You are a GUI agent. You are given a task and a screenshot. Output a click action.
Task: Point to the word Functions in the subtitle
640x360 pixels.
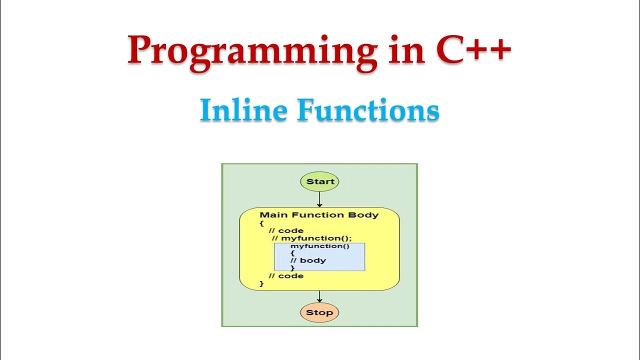(x=368, y=110)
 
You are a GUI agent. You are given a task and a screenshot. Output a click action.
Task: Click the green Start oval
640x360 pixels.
(x=319, y=181)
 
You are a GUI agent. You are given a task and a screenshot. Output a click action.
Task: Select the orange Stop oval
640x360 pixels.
(x=319, y=313)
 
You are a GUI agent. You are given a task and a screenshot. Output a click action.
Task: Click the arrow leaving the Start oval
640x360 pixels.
(x=319, y=199)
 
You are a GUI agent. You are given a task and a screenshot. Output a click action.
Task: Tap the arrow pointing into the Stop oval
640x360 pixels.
(x=319, y=297)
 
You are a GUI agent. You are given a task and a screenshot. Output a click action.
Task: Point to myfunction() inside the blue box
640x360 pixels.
(x=319, y=246)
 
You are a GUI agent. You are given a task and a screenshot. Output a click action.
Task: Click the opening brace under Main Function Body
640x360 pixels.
(x=261, y=223)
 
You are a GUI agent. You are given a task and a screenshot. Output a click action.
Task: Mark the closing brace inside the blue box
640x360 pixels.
(x=292, y=268)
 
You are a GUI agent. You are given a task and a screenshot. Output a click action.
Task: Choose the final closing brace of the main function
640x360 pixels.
(x=261, y=283)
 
